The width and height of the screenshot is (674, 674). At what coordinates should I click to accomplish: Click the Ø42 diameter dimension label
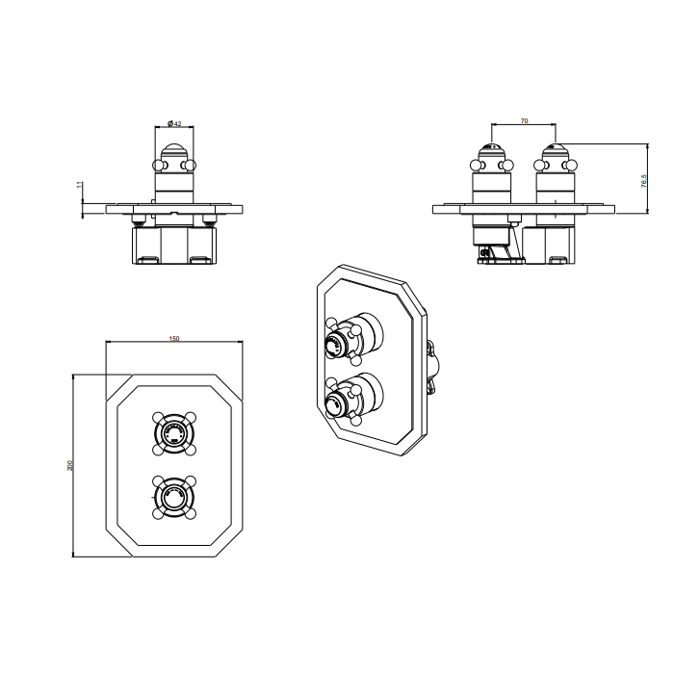point(174,123)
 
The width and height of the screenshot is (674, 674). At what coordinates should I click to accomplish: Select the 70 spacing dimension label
point(523,121)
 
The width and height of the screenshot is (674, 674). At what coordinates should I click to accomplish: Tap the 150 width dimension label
point(173,339)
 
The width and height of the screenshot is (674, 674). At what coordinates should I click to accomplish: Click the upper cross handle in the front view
point(173,433)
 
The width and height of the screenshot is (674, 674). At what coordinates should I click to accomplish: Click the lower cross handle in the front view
point(173,496)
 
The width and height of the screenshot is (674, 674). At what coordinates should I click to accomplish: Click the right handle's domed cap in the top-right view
point(555,151)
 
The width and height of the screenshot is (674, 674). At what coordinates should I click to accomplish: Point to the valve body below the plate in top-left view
point(173,244)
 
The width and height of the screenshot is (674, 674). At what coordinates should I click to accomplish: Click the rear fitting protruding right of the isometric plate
point(432,365)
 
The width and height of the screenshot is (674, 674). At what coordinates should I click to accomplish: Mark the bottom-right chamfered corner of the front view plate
point(232,544)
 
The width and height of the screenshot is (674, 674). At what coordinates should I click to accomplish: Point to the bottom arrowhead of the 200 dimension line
point(74,556)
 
